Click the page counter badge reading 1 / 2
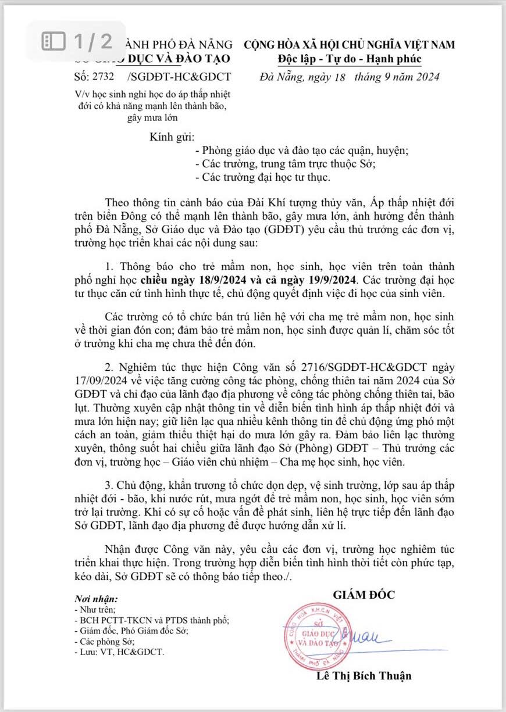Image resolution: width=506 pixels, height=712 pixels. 77,41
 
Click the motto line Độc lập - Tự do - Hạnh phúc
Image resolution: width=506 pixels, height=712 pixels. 349,59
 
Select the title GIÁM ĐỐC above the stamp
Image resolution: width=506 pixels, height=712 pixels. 364,595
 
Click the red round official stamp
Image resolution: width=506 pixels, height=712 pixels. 319,635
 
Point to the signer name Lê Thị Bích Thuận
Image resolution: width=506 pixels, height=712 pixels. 364,675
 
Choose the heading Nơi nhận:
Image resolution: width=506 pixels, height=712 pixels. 96,599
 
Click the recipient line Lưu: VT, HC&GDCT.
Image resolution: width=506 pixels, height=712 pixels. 120,652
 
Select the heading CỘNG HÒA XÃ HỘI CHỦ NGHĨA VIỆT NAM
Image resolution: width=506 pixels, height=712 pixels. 349,45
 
